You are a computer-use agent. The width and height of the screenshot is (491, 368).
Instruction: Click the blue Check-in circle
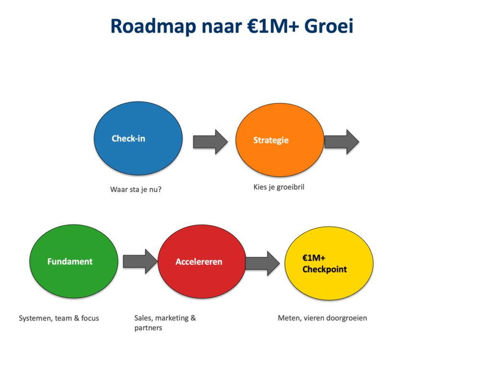point(138,138)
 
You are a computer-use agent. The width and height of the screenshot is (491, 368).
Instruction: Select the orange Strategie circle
point(280,140)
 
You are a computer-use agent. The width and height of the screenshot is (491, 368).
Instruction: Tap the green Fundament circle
point(73,261)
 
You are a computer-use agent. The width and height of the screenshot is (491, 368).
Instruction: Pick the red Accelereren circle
point(202,261)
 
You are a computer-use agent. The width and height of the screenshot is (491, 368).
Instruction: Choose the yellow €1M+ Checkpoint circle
point(329,263)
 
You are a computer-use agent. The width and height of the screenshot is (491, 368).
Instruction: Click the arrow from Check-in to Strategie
point(210,142)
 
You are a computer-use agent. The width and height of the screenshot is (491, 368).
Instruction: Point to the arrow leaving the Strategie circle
point(341,142)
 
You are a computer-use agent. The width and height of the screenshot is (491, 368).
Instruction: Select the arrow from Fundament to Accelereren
point(140,261)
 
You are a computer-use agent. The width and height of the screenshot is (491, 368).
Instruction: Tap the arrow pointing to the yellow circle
point(262,263)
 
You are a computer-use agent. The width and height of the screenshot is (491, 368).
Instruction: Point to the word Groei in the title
point(329,26)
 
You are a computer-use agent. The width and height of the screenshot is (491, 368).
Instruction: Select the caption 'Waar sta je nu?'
point(136,190)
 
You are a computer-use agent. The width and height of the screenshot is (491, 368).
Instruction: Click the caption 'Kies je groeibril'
point(279,187)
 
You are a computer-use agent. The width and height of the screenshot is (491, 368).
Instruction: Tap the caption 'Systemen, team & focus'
point(59,318)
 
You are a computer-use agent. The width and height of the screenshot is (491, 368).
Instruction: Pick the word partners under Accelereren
point(148,328)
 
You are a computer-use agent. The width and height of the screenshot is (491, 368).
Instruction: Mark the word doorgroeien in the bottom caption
point(347,318)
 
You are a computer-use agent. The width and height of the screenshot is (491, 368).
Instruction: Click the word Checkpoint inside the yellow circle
point(325,269)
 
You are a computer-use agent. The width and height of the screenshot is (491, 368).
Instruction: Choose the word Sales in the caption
point(144,318)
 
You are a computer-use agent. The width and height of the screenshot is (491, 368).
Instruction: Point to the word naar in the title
point(222,27)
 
